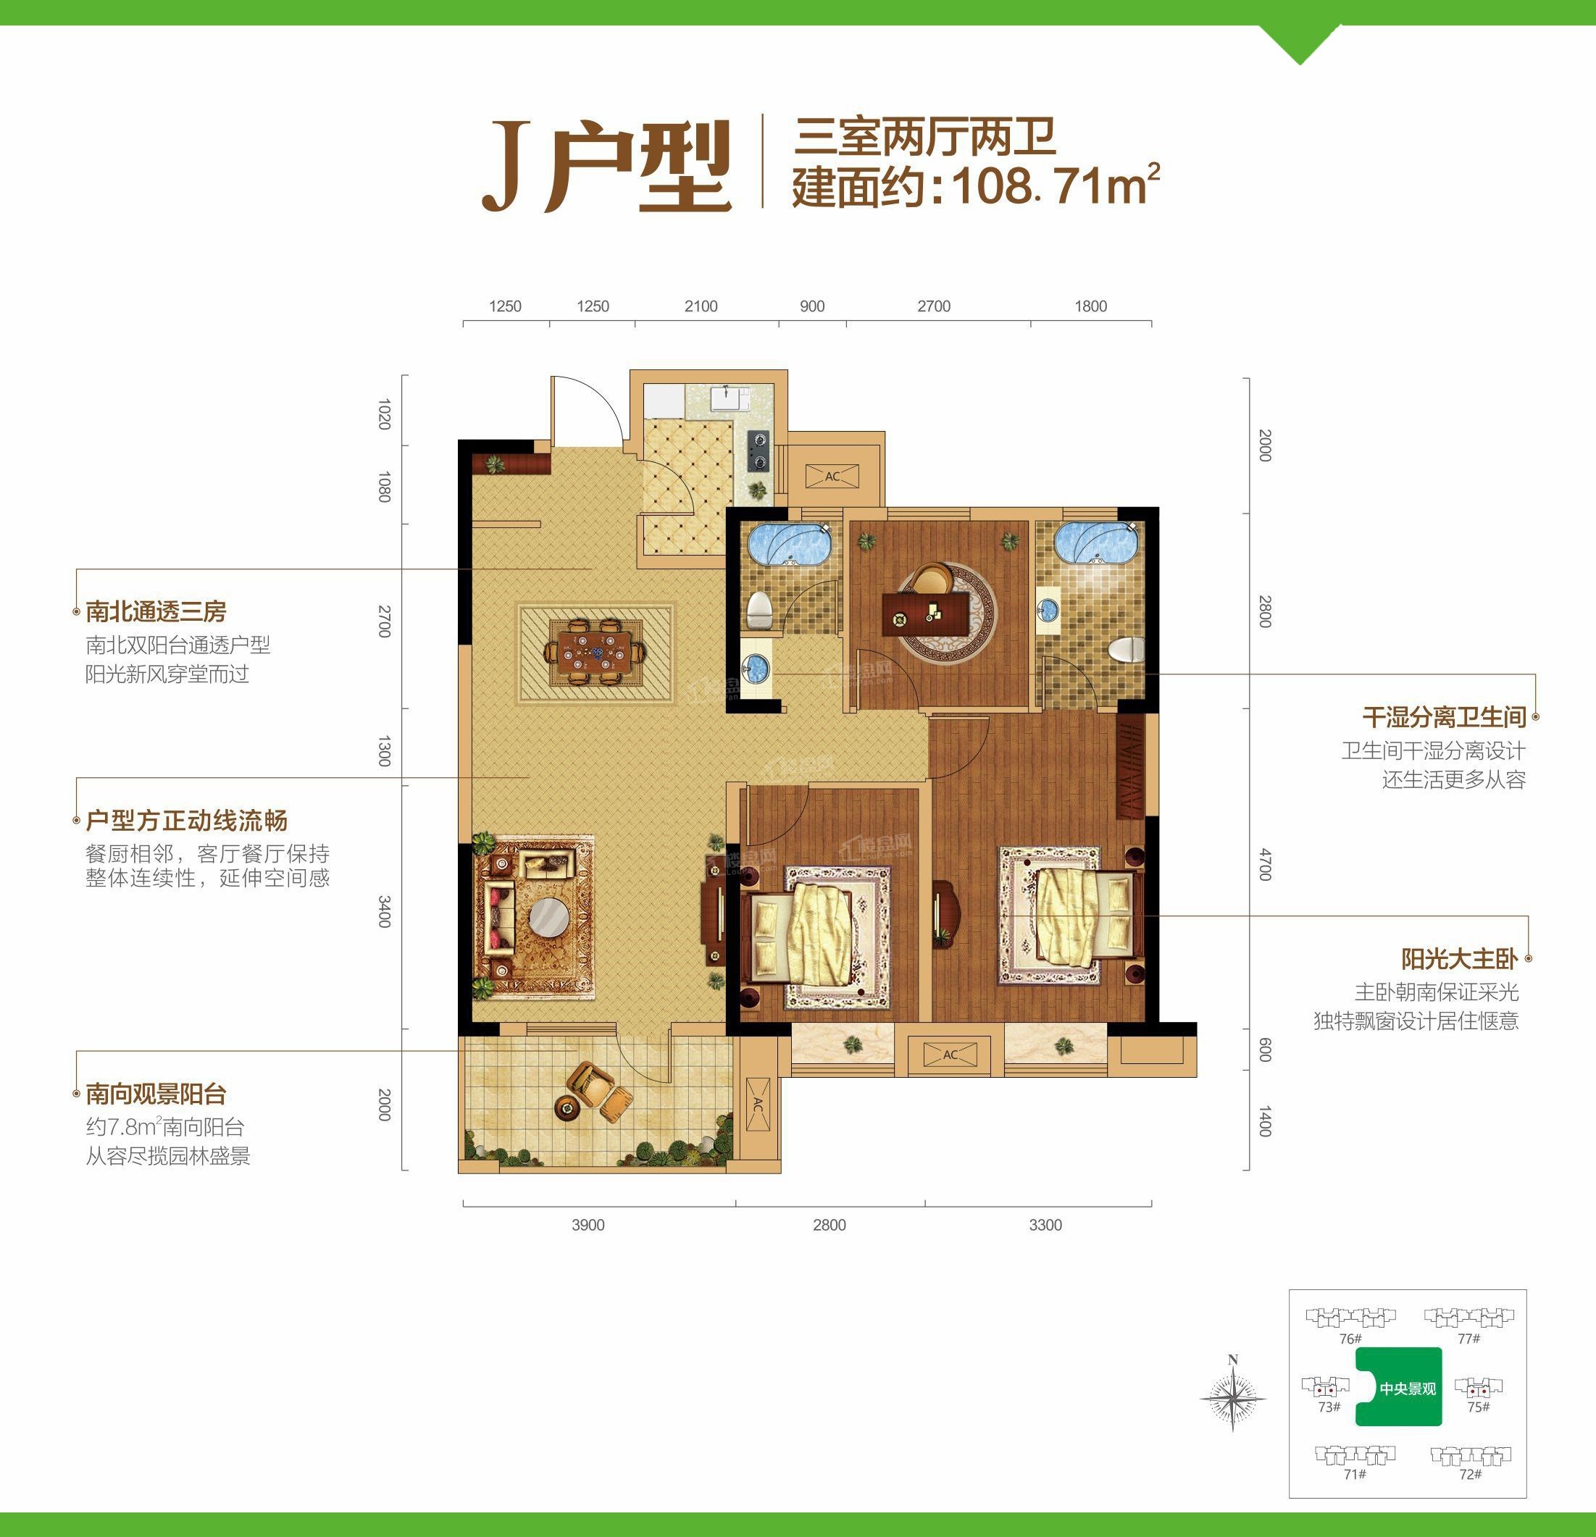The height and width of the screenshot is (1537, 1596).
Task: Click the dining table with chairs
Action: coord(596,652)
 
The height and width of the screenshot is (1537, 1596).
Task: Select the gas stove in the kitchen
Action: coord(759,451)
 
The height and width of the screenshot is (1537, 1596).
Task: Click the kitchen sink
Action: coord(730,399)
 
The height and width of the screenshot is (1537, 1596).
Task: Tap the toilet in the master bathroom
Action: coord(1127,650)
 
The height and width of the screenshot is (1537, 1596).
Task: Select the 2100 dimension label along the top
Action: coord(701,306)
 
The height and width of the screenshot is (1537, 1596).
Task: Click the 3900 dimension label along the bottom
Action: coord(588,1226)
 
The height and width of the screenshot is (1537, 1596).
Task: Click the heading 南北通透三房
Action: coord(156,611)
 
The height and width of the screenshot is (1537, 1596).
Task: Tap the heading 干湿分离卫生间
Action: coord(1444,717)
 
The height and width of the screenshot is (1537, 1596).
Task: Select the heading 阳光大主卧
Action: coord(1458,959)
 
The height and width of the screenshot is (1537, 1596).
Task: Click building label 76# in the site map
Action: coord(1350,1339)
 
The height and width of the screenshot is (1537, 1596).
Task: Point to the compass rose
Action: coord(1233,1399)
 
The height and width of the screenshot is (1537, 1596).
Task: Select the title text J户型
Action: coord(606,166)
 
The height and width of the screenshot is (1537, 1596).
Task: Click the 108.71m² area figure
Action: coord(1055,186)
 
